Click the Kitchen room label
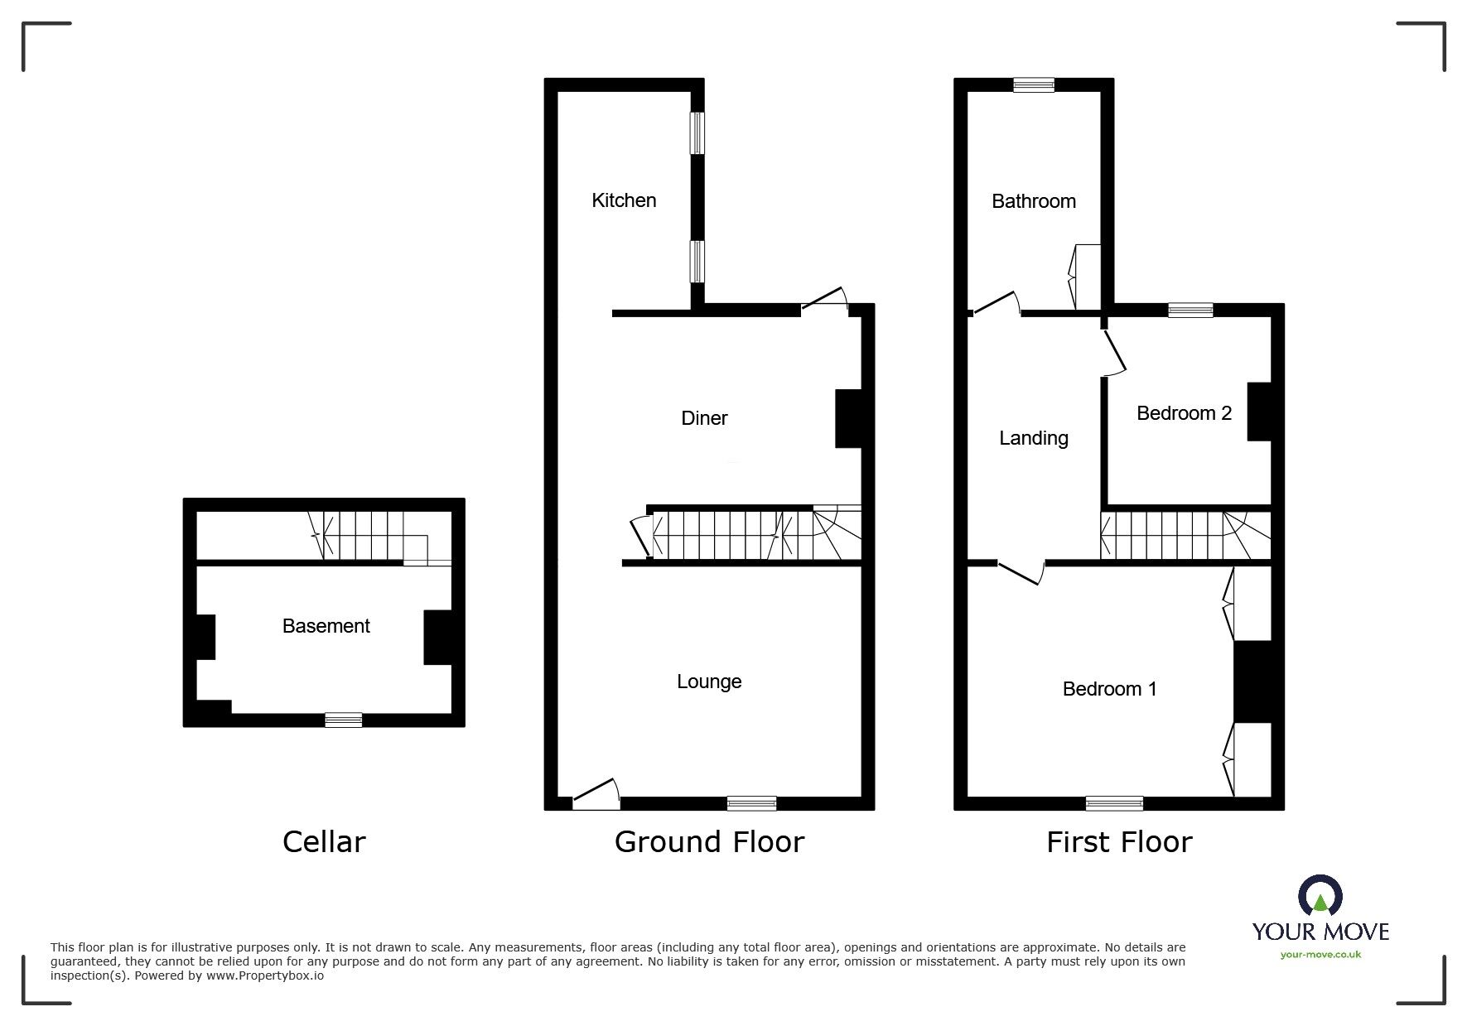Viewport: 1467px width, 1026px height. (624, 200)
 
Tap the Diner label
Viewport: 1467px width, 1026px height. (704, 418)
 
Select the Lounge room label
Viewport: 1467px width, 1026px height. (709, 682)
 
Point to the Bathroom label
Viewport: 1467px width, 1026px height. (1034, 201)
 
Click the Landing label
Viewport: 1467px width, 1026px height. (1034, 438)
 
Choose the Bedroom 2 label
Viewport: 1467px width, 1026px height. (1184, 413)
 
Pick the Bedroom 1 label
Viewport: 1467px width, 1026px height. (1109, 689)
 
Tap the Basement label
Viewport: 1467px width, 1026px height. (326, 626)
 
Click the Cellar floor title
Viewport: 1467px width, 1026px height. (324, 842)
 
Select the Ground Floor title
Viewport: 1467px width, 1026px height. (709, 842)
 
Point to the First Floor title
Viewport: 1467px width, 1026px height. (1119, 842)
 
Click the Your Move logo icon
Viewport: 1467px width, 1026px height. (1320, 896)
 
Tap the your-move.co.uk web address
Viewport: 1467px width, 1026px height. (1320, 955)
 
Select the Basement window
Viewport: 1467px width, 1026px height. (343, 720)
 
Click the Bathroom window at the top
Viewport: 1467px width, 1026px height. (1034, 84)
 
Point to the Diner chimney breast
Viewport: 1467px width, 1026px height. (848, 418)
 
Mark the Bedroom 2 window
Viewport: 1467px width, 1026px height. (1190, 311)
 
